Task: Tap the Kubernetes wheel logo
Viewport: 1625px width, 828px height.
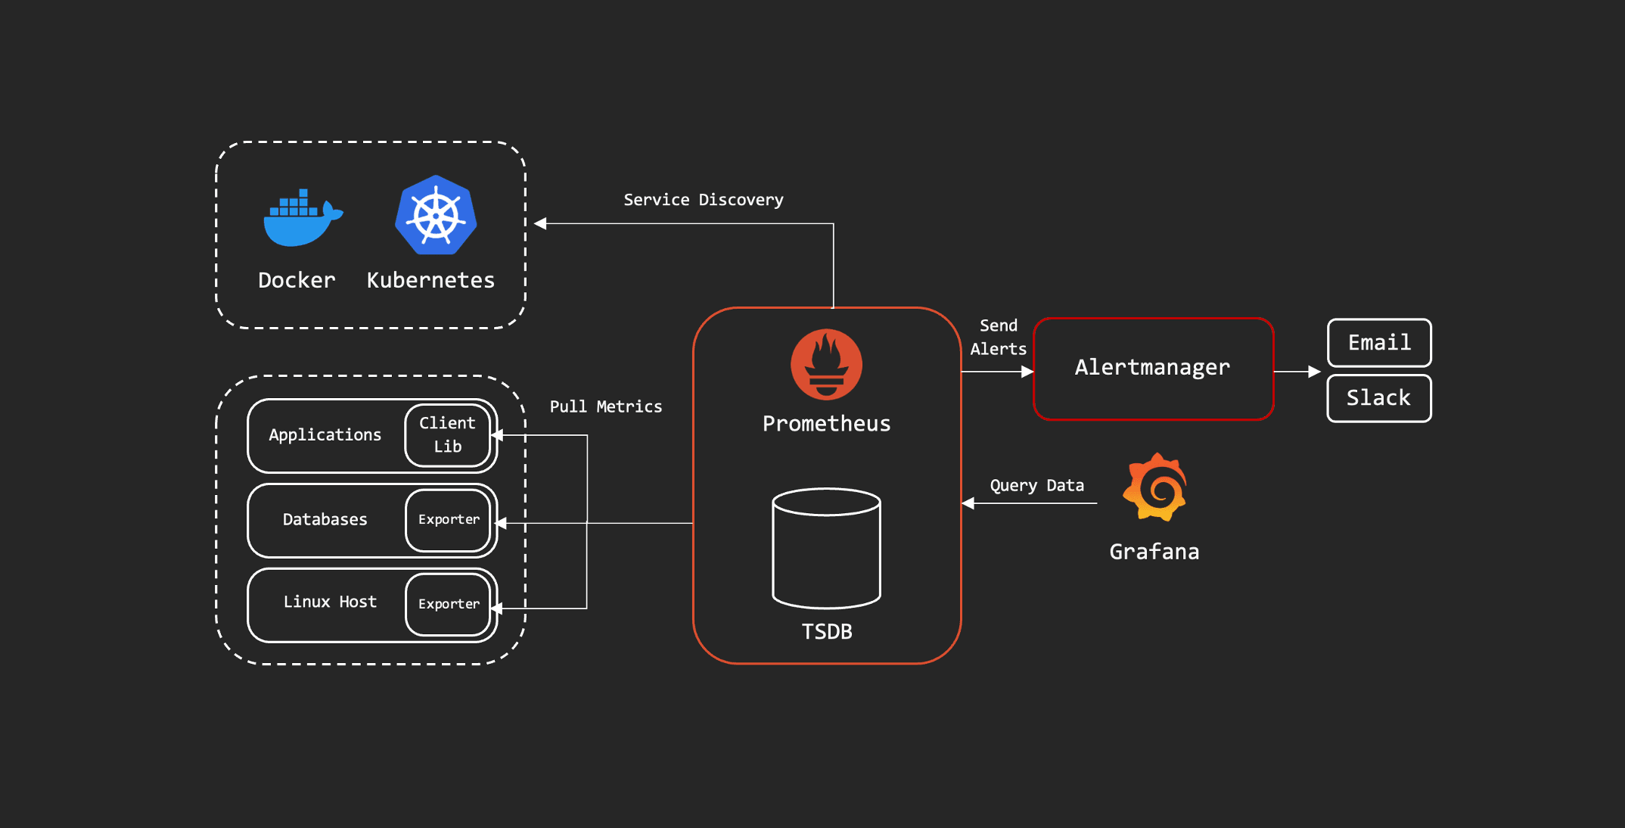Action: pyautogui.click(x=436, y=215)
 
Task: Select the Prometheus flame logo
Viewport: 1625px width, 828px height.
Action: pyautogui.click(x=826, y=364)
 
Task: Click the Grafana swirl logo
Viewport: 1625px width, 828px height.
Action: pyautogui.click(x=1154, y=488)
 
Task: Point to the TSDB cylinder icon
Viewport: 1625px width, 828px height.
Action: pyautogui.click(x=826, y=549)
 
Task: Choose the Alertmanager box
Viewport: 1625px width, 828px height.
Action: pyautogui.click(x=1153, y=369)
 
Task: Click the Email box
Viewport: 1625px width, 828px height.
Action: pyautogui.click(x=1379, y=343)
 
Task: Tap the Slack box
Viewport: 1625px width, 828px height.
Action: pyautogui.click(x=1379, y=398)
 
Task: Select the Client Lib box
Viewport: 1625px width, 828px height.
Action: pyautogui.click(x=448, y=435)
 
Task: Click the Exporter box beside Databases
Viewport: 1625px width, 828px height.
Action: pyautogui.click(x=449, y=520)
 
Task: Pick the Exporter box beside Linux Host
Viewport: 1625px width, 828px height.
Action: pyautogui.click(x=449, y=604)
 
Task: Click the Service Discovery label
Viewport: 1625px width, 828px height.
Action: pyautogui.click(x=703, y=200)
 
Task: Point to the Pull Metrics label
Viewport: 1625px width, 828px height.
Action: pyautogui.click(x=605, y=406)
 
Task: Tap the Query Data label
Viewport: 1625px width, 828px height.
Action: pyautogui.click(x=1036, y=485)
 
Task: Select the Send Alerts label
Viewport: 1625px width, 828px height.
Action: pyautogui.click(x=999, y=337)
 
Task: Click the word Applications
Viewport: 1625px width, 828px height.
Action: pyautogui.click(x=325, y=435)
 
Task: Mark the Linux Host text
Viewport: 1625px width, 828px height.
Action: pyautogui.click(x=330, y=602)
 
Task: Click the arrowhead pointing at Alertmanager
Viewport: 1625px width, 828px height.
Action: pyautogui.click(x=1027, y=372)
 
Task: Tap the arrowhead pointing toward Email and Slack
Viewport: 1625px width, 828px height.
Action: pyautogui.click(x=1315, y=372)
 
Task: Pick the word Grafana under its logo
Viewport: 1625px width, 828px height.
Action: pyautogui.click(x=1154, y=552)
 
